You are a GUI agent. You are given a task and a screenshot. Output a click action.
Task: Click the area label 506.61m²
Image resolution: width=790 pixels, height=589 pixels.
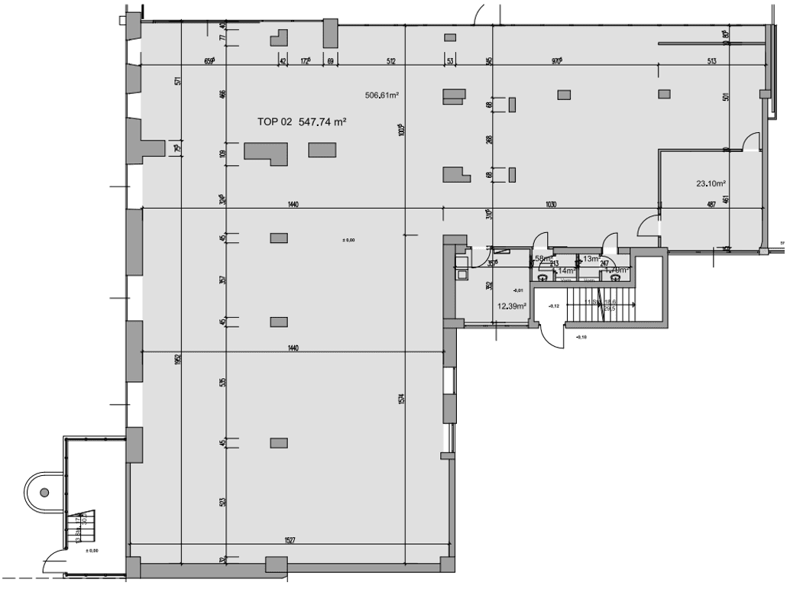click(384, 95)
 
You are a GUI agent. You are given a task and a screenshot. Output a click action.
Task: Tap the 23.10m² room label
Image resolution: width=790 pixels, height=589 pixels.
click(710, 183)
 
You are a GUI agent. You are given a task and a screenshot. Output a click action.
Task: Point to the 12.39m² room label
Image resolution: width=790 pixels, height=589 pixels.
click(511, 306)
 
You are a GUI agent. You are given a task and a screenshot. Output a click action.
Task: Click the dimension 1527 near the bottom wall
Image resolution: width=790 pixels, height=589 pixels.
click(290, 539)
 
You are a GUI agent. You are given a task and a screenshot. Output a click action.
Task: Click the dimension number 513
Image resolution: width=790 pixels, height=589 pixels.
click(711, 61)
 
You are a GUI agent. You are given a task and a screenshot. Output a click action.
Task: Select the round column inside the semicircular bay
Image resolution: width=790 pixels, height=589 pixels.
click(44, 493)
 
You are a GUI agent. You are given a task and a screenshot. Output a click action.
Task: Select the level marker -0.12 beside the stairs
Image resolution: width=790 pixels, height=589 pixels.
click(553, 306)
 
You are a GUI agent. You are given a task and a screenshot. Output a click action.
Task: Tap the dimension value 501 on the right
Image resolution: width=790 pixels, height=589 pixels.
click(726, 97)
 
